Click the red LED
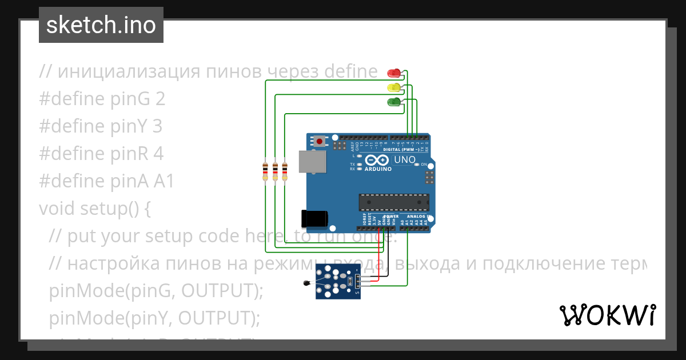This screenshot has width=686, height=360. pos(394,73)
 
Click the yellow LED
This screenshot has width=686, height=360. pos(394,87)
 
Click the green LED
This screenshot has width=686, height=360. pos(394,102)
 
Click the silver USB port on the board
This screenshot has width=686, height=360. pos(312,162)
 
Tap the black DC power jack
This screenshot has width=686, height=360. pos(315,218)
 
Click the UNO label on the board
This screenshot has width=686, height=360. pos(405,159)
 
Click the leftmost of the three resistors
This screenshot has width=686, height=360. pos(265,171)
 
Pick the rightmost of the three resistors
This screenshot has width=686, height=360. pos(285,171)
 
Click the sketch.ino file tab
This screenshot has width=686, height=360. pos(101,25)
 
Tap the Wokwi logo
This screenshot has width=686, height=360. pos(607,315)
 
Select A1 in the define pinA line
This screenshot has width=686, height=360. pos(163,181)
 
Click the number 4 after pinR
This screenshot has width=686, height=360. pos(158,154)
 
